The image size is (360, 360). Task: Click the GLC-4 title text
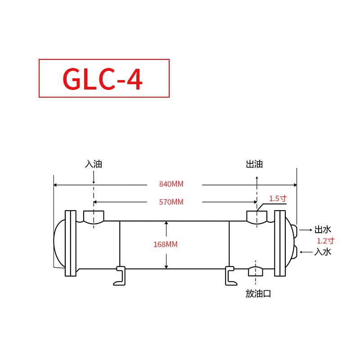[x=103, y=79]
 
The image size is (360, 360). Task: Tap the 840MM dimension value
[x=171, y=184]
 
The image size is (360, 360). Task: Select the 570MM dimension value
[x=171, y=202]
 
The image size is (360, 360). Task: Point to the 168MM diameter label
[x=166, y=244]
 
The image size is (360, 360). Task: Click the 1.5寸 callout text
[x=278, y=198]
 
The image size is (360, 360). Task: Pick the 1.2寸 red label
[x=325, y=241]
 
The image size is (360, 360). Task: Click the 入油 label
[x=94, y=164]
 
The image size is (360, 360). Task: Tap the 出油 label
[x=254, y=164]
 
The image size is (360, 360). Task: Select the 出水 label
[x=323, y=229]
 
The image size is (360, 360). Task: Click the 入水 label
[x=323, y=252]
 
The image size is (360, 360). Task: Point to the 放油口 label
[x=258, y=294]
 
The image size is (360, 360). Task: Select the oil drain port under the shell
[x=256, y=271]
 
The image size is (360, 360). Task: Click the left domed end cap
[x=59, y=243]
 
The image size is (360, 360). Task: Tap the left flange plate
[x=71, y=243]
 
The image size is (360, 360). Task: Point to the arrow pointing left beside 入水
[x=306, y=252]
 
